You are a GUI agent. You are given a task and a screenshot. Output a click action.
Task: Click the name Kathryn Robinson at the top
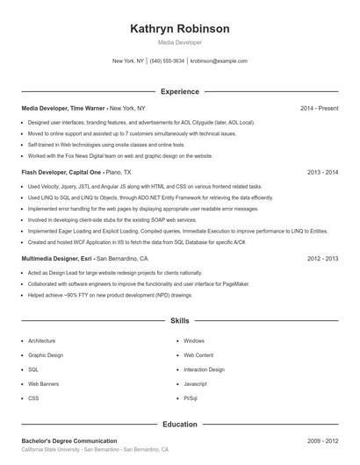coord(179,29)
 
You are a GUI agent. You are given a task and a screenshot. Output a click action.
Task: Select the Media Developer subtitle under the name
coord(179,42)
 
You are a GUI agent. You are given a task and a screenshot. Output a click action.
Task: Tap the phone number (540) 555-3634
coord(167,61)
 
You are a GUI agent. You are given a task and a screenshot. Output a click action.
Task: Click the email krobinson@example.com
coord(219,61)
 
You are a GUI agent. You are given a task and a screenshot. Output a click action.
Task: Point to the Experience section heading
coord(179,91)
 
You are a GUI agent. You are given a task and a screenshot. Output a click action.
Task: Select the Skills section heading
coord(179,321)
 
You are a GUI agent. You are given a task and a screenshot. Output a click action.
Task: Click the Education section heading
coord(179,424)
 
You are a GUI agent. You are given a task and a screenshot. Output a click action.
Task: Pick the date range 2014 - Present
coord(319,108)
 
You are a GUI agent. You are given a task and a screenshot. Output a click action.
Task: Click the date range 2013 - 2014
coord(323,173)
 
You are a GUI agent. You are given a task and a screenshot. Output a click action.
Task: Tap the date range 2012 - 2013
coord(323,259)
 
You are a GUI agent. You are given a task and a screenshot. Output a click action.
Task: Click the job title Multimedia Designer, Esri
coord(57,259)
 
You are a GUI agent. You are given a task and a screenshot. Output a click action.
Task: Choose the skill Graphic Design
coord(46,355)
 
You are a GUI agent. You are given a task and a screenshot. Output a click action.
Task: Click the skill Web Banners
coord(44,384)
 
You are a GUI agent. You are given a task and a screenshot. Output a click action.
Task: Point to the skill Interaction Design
coord(205,369)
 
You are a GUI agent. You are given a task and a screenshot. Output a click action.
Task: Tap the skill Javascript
coord(195,384)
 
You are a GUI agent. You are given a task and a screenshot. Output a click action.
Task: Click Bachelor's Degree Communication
coord(68,440)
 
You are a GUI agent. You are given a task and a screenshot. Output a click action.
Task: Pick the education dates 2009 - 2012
coord(323,440)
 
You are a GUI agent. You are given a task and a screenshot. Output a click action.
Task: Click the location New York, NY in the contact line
coord(128,61)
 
